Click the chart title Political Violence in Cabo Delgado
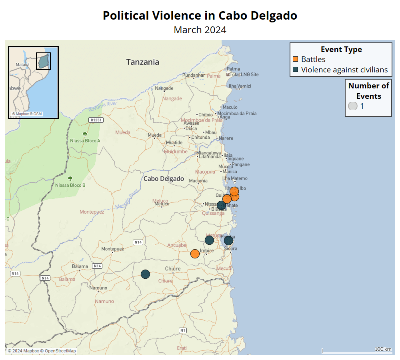[x=200, y=16]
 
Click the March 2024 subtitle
[x=200, y=30]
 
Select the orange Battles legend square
[x=296, y=59]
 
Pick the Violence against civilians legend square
[x=296, y=70]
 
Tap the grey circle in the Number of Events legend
[x=353, y=106]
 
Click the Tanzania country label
[x=142, y=62]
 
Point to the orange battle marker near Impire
[x=195, y=254]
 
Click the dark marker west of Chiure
[x=145, y=274]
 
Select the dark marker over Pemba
[x=228, y=240]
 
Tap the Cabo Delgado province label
[x=164, y=179]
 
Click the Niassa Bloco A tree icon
[x=85, y=134]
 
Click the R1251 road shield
[x=96, y=120]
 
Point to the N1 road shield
[x=183, y=330]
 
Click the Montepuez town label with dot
[x=112, y=249]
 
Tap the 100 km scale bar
[x=357, y=352]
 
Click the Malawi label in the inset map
[x=22, y=64]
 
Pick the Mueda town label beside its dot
[x=155, y=135]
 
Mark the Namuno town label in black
[x=98, y=288]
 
